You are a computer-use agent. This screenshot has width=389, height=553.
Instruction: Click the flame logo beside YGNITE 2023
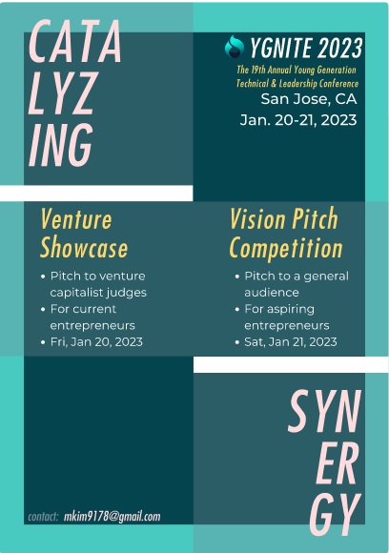click(235, 46)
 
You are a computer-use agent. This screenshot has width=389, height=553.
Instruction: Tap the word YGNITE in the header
click(281, 48)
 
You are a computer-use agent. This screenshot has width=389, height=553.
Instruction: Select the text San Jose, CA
click(309, 99)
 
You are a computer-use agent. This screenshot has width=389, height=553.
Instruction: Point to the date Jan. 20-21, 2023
click(298, 120)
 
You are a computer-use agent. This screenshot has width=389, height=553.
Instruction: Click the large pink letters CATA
click(75, 41)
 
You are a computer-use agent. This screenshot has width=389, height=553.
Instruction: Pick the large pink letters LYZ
click(62, 92)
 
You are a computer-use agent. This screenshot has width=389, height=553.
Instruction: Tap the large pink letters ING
click(61, 145)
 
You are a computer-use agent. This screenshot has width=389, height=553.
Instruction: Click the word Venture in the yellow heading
click(76, 219)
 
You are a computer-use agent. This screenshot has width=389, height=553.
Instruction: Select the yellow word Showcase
click(84, 248)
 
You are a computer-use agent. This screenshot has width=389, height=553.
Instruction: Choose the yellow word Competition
click(286, 248)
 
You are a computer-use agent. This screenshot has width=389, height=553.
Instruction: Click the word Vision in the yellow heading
click(257, 218)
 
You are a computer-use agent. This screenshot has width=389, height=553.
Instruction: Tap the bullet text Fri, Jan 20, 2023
click(96, 342)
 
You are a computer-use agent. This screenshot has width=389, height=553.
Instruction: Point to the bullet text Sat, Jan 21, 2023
click(291, 342)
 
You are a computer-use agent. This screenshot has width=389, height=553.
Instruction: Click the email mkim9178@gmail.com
click(113, 517)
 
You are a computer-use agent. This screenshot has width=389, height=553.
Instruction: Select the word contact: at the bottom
click(43, 517)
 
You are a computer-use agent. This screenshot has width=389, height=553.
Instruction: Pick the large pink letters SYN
click(325, 411)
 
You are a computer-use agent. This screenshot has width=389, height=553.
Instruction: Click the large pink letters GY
click(336, 514)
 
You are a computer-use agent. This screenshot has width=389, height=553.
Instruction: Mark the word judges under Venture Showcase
click(128, 293)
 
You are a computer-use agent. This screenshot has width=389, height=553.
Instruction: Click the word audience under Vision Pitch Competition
click(272, 293)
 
